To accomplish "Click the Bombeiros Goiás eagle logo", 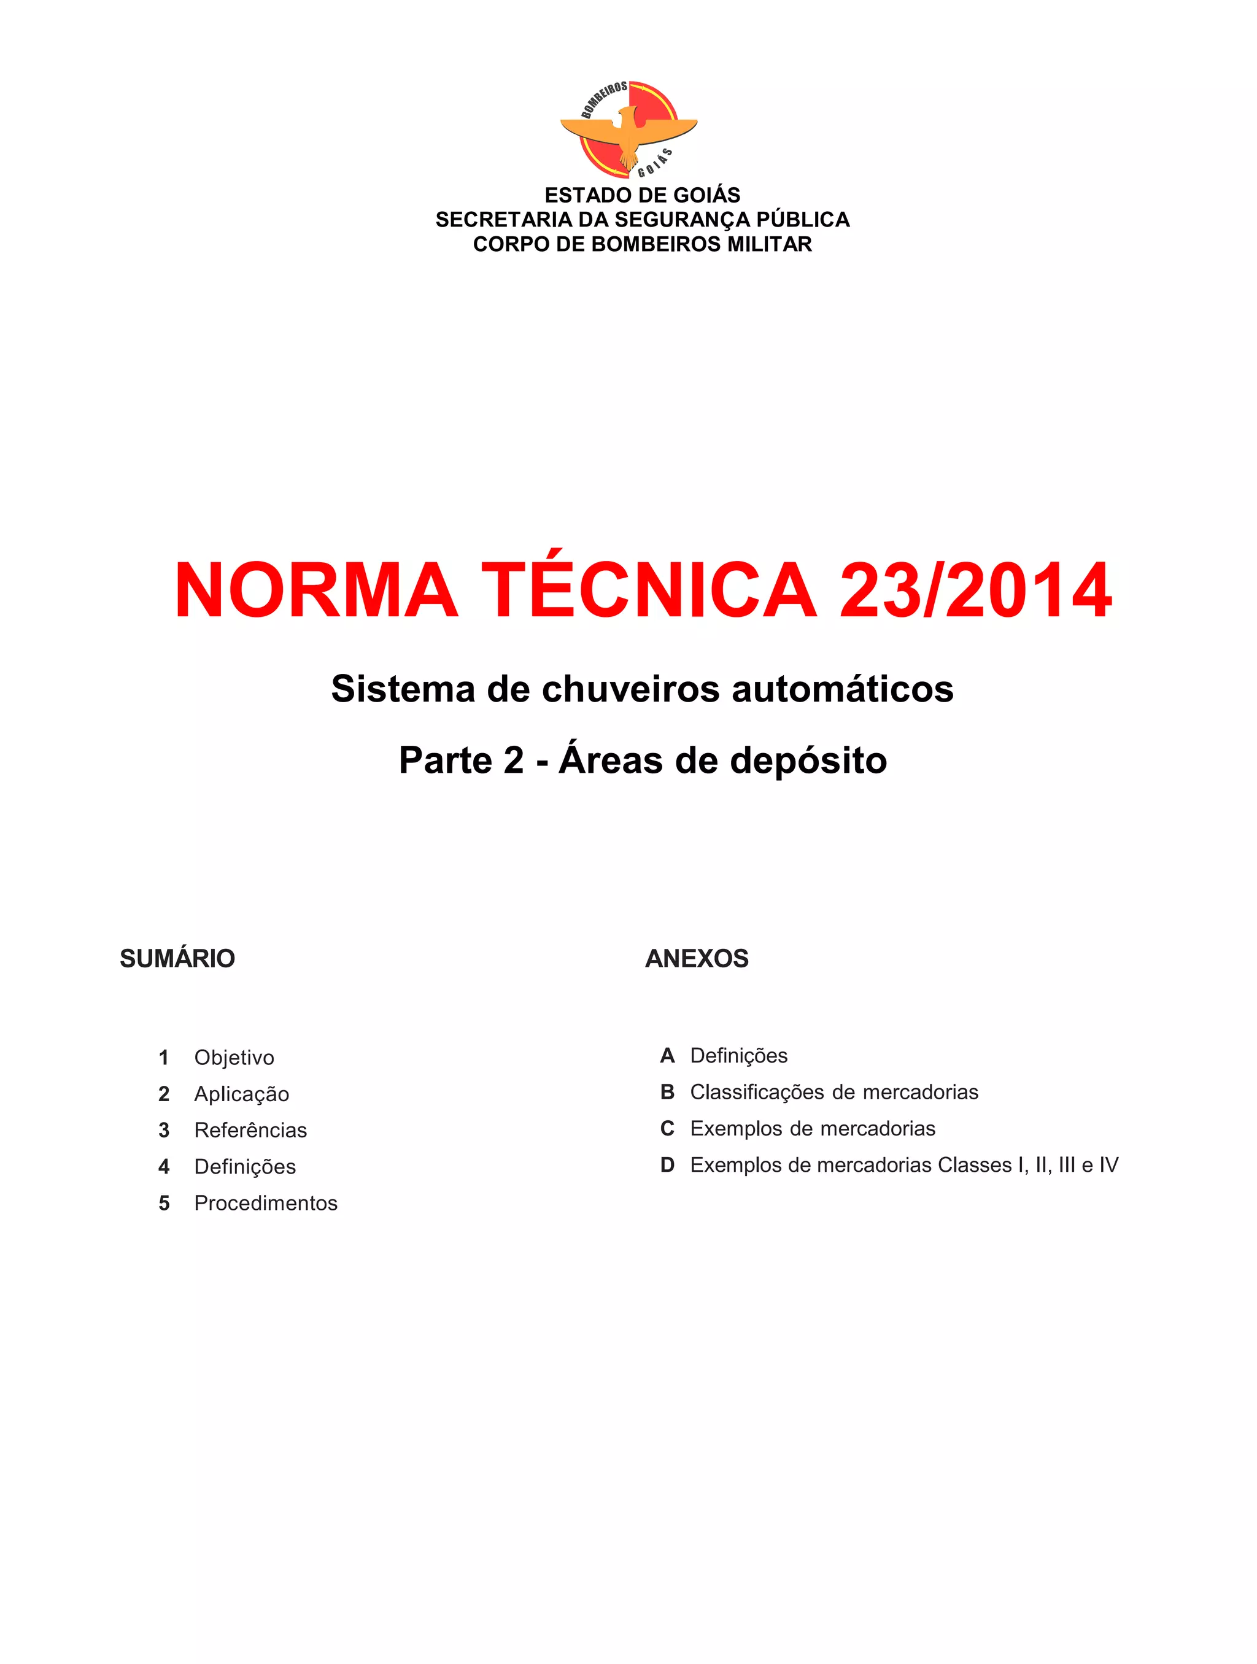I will [x=628, y=130].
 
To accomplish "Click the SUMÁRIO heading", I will [x=177, y=958].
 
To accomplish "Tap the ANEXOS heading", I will [x=697, y=958].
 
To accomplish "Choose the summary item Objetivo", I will [x=234, y=1058].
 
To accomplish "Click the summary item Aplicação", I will [x=241, y=1094].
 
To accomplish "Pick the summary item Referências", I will [x=250, y=1130].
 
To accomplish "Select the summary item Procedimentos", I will [x=266, y=1203].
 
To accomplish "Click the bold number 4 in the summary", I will [x=164, y=1167].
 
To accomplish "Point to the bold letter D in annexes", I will [x=667, y=1165].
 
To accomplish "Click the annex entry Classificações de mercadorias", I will [x=833, y=1093].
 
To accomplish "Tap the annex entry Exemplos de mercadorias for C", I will [x=813, y=1128].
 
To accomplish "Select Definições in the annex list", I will [x=739, y=1055].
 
